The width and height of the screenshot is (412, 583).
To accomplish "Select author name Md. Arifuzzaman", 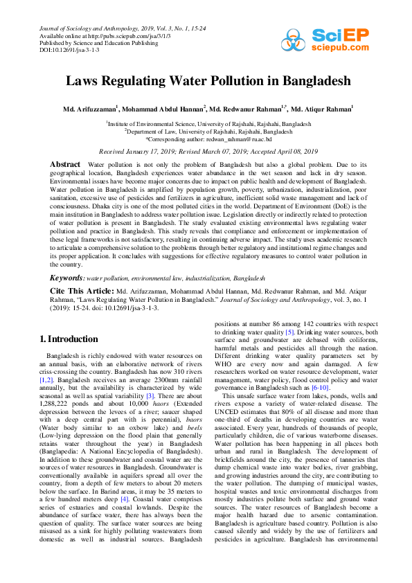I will pyautogui.click(x=90, y=109).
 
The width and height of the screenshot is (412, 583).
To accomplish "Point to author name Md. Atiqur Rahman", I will pyautogui.click(x=321, y=109).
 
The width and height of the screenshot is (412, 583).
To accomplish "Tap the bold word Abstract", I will pyautogui.click(x=65, y=163).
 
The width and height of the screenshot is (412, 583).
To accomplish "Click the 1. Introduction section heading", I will pyautogui.click(x=68, y=339).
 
